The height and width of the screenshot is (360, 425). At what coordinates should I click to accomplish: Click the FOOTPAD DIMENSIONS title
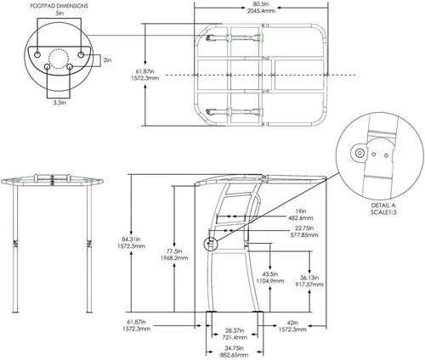pos(59,6)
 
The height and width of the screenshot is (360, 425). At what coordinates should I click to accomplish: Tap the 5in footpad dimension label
pos(59,13)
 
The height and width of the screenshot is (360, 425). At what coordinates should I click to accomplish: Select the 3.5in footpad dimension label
pos(59,103)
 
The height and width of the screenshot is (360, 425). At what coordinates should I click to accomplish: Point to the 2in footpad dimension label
pos(107,60)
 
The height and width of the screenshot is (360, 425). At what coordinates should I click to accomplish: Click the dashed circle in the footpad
pos(59,59)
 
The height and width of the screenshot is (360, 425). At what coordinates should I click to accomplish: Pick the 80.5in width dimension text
pos(261,4)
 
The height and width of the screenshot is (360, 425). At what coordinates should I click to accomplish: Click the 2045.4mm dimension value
pos(261,11)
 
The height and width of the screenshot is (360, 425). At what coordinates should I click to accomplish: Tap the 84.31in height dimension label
pos(131,239)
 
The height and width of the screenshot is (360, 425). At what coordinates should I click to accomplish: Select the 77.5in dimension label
pos(174,251)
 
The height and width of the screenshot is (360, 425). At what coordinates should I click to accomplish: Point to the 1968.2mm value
pos(174,258)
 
